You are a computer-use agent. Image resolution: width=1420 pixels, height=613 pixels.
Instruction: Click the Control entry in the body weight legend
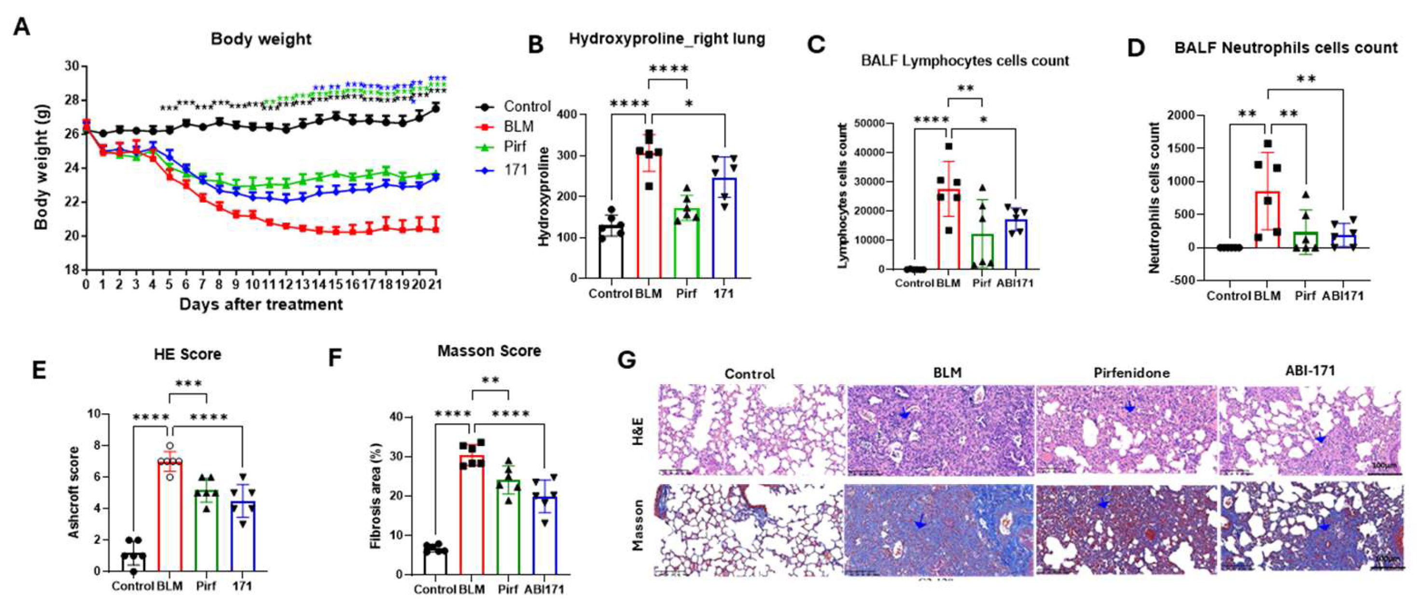point(527,106)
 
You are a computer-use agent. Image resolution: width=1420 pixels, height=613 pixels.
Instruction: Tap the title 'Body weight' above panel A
point(261,39)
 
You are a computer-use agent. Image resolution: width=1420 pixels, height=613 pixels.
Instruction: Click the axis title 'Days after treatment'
point(261,304)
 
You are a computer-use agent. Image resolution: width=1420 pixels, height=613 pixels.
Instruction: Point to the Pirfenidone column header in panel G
point(1131,373)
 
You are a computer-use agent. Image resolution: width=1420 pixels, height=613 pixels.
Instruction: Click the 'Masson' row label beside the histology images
point(639,525)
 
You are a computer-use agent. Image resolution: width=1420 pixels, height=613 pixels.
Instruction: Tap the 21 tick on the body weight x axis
point(436,284)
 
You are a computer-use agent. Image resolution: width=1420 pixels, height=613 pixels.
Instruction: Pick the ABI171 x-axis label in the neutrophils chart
point(1342,296)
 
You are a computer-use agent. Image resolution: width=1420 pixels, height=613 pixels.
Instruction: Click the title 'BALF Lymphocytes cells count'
point(965,61)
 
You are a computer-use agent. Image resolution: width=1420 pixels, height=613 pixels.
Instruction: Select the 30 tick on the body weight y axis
point(72,66)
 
